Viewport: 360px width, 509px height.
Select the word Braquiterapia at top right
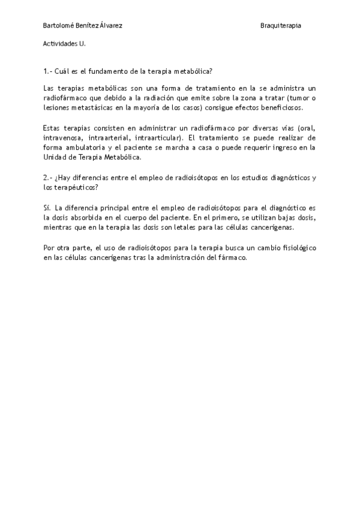click(281, 26)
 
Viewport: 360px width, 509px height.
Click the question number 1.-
click(48, 71)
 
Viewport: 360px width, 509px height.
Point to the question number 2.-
click(49, 178)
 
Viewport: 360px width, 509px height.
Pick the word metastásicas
click(85, 107)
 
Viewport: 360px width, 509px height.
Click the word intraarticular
click(157, 137)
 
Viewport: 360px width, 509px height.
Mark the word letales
click(194, 227)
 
